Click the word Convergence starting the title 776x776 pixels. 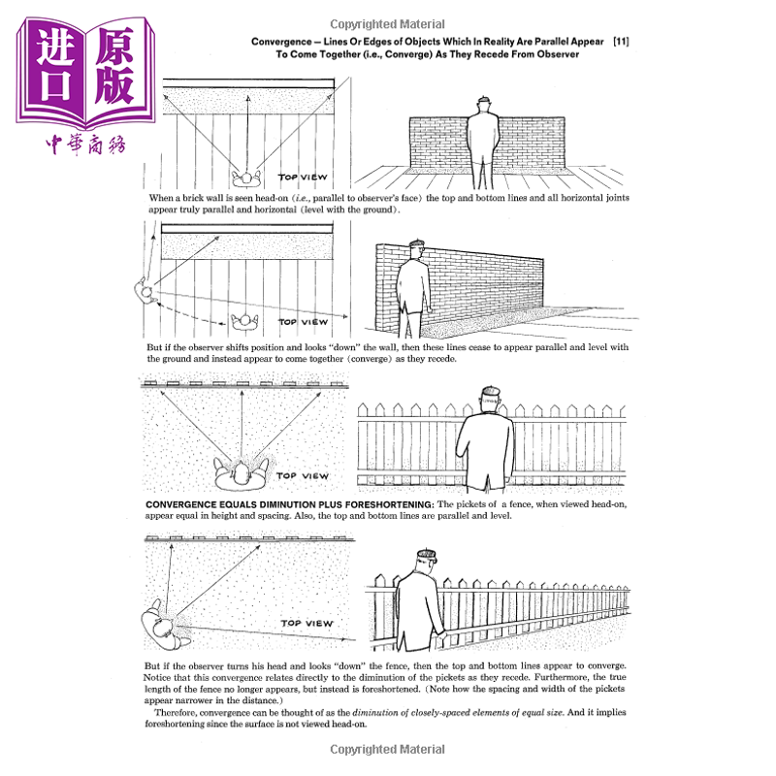(x=283, y=43)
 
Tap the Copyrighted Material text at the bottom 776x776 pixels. (x=387, y=749)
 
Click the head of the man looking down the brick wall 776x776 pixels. (x=416, y=251)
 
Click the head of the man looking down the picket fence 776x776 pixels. (x=424, y=564)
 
